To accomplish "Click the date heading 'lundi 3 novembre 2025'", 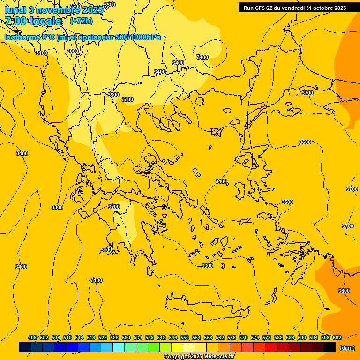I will [53, 9].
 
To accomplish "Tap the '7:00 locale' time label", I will [33, 21].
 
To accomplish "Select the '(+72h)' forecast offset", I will [81, 21].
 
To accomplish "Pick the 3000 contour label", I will [73, 51].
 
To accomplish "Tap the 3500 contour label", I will [287, 202].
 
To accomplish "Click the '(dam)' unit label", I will [346, 347].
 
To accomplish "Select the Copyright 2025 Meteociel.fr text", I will [199, 356].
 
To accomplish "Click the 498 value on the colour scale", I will [32, 337].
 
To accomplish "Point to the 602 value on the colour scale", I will [337, 337].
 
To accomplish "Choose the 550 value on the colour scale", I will [185, 337].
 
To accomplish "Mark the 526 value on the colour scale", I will [114, 337].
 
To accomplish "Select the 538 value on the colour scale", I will [150, 337].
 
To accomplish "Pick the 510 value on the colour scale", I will [67, 337].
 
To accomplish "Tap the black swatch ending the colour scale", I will [330, 347].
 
